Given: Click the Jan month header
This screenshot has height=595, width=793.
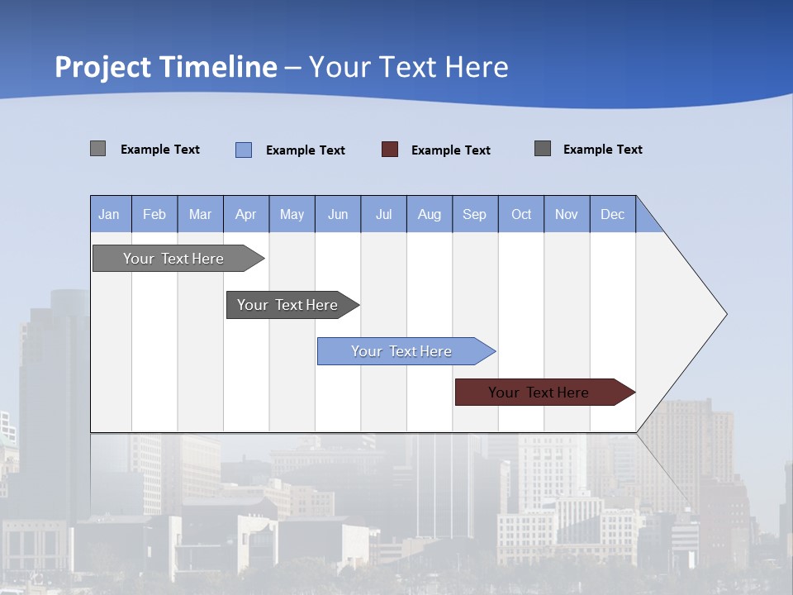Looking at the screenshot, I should [110, 214].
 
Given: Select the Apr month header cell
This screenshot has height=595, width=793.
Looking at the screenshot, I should [246, 214].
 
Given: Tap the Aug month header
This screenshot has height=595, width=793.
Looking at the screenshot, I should [430, 214].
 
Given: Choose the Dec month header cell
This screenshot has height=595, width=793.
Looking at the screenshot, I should [613, 214].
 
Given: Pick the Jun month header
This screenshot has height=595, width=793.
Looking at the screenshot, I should [338, 214].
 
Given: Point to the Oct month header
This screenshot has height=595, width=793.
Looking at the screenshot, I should [521, 214].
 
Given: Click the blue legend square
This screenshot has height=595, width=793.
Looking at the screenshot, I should [244, 150].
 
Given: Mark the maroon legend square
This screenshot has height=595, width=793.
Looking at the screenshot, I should [390, 150].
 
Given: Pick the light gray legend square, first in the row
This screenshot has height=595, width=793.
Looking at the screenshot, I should [98, 149].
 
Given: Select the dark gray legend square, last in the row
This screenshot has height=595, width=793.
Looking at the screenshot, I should [543, 149].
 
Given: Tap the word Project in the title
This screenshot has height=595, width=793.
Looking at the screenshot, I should [103, 67].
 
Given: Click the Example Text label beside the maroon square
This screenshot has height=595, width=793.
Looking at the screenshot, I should [450, 150].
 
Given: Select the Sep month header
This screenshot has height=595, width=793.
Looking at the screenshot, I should [475, 214].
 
